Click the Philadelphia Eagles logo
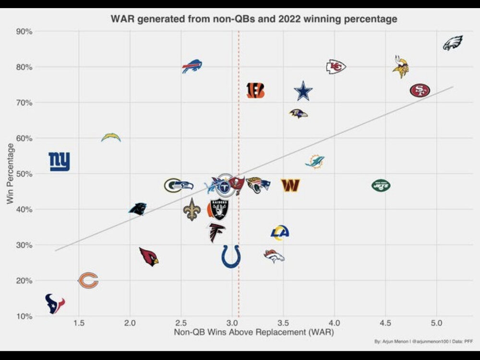tap(452, 43)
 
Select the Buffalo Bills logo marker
tap(192, 66)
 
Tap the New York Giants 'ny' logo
tap(60, 162)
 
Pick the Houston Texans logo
tap(55, 303)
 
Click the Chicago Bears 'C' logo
tap(88, 280)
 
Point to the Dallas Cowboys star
tap(303, 91)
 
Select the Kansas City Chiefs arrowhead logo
tap(336, 67)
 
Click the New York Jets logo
tap(381, 185)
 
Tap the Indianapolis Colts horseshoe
tap(231, 256)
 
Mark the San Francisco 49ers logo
tap(420, 90)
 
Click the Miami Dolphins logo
tap(315, 162)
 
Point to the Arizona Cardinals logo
tap(148, 257)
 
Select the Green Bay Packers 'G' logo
tap(172, 185)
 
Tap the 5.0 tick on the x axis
tap(436, 323)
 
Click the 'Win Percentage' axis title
tap(11, 173)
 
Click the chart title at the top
tap(254, 20)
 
